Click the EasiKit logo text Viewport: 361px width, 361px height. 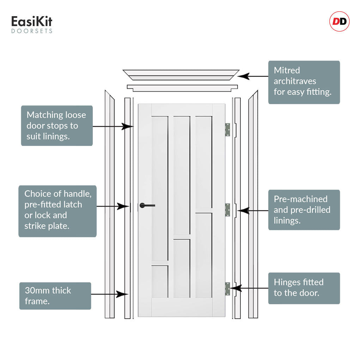pyautogui.click(x=32, y=22)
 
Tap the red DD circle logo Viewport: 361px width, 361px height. pyautogui.click(x=339, y=22)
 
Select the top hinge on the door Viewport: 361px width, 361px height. pyautogui.click(x=227, y=129)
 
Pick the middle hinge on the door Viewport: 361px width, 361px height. pyautogui.click(x=227, y=210)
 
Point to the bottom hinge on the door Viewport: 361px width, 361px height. pyautogui.click(x=227, y=289)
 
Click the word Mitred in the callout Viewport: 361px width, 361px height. pyautogui.click(x=287, y=70)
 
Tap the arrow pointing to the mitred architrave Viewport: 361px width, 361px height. pyautogui.click(x=252, y=76)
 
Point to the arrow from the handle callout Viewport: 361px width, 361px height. pyautogui.click(x=113, y=206)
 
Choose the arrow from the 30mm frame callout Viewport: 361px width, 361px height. pyautogui.click(x=109, y=294)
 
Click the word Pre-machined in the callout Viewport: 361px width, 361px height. pyautogui.click(x=300, y=199)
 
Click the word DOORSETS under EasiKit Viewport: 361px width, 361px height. pyautogui.click(x=32, y=31)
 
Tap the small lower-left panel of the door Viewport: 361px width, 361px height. pyautogui.click(x=160, y=281)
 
